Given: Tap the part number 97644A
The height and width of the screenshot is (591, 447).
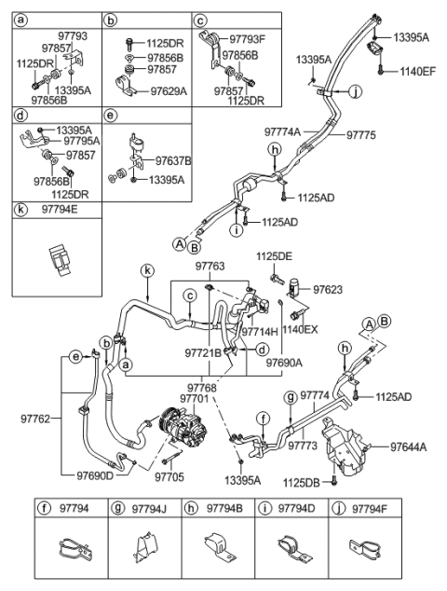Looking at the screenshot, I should [x=408, y=447].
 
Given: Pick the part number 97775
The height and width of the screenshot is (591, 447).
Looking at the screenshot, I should [x=360, y=135].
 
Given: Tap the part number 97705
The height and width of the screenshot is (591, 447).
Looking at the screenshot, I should [x=168, y=476].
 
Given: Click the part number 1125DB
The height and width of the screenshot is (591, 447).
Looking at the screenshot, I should [x=301, y=481].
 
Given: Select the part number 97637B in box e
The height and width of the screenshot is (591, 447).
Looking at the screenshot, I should [x=173, y=159].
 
